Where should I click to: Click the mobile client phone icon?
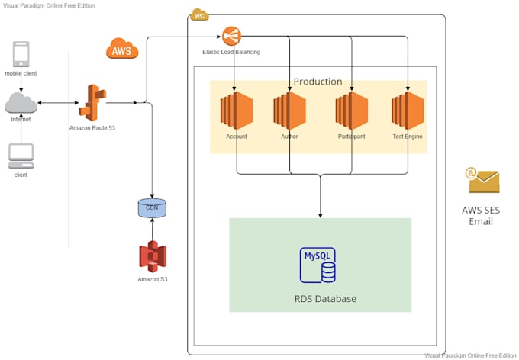point(21,55)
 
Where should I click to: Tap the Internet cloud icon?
point(21,102)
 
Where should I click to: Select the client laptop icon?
point(21,155)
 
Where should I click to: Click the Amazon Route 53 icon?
point(92,102)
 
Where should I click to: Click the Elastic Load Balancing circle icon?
point(230,35)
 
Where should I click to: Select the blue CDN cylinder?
point(152,207)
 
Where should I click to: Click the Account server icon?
point(236,111)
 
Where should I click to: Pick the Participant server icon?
point(351,111)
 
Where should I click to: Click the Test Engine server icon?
point(407,111)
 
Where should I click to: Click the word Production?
point(318,82)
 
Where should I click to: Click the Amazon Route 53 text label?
point(92,127)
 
